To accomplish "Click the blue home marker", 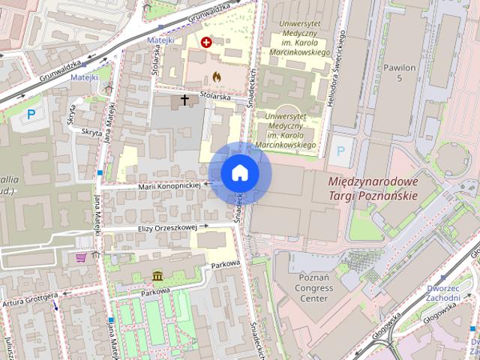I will (x=239, y=173).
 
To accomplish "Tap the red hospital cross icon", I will (x=206, y=43).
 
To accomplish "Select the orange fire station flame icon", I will (x=217, y=76).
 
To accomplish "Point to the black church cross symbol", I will (x=184, y=99).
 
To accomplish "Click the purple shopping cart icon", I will (x=81, y=257).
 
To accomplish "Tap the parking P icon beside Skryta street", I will (x=31, y=114).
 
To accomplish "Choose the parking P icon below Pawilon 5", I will (x=341, y=150).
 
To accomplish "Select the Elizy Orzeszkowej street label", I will (x=166, y=227).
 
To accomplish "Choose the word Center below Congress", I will (x=314, y=298).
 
